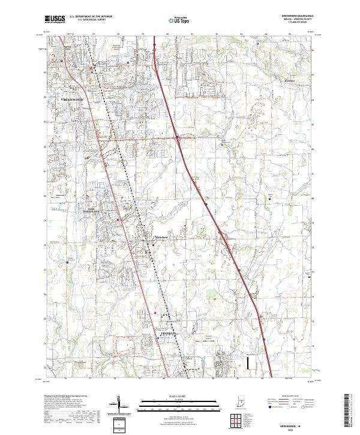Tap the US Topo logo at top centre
coord(179,20)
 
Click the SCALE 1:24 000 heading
coord(179,394)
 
